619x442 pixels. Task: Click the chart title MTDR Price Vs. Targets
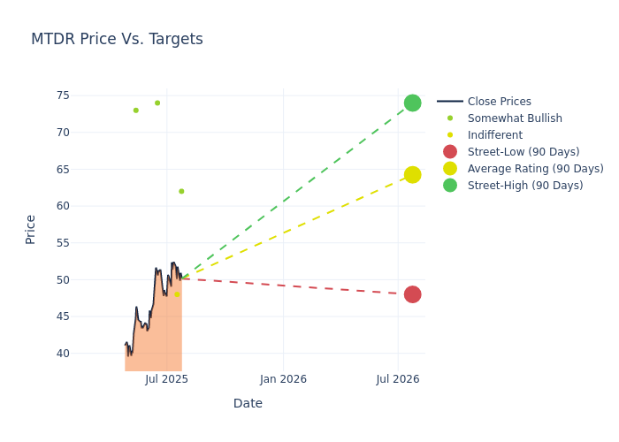pos(117,39)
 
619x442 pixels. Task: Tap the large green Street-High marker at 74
pos(412,103)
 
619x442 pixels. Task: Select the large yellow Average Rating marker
pos(412,175)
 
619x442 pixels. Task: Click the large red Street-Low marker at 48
pos(412,294)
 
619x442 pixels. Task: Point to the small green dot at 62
pos(181,191)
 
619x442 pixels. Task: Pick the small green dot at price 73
pos(135,110)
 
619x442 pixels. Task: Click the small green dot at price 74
pos(157,103)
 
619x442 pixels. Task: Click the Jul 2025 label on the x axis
pos(167,379)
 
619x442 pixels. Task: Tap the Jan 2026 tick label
pos(283,379)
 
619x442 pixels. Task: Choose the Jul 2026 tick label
pos(398,379)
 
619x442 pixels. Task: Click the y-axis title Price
pos(31,229)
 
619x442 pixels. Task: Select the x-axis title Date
pos(248,404)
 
